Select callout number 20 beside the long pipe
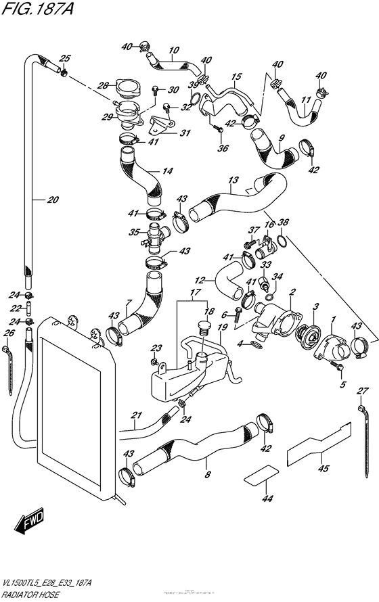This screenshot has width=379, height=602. [x=53, y=199]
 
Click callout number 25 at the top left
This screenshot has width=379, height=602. [x=66, y=57]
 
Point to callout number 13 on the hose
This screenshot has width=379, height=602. [x=233, y=181]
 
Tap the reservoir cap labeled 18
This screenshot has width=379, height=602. [x=200, y=331]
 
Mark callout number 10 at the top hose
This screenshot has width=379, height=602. [x=173, y=49]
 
